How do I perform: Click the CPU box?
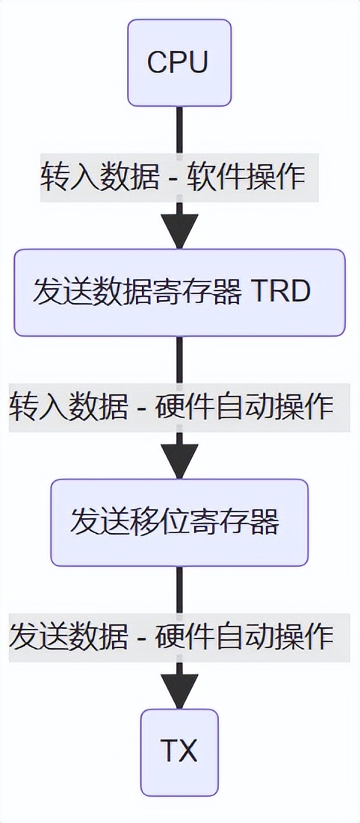[x=179, y=63]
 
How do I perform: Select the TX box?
[x=179, y=751]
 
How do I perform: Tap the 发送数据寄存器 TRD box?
[x=179, y=292]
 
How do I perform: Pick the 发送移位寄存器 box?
[x=179, y=522]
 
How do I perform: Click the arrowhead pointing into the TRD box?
[x=179, y=232]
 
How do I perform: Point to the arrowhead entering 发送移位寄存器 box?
[x=179, y=462]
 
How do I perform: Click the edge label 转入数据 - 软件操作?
[x=179, y=177]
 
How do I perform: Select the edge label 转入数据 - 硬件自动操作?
[x=179, y=407]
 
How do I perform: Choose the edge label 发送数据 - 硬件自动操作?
[x=179, y=637]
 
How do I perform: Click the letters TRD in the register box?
[x=280, y=291]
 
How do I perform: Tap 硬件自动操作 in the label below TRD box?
[x=244, y=407]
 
